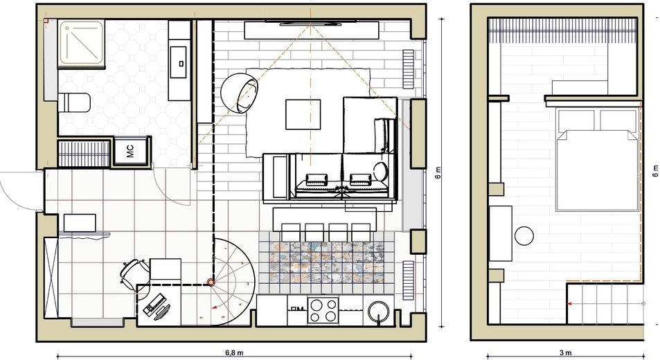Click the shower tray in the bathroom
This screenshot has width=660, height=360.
(81, 44)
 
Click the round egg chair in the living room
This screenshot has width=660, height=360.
(240, 91)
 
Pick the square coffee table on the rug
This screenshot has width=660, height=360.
(303, 114)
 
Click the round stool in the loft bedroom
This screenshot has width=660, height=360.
(524, 235)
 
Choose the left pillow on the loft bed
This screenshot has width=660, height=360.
(576, 120)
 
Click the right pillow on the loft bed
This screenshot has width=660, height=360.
(618, 120)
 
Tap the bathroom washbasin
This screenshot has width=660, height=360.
(180, 58)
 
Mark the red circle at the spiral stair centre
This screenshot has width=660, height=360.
(211, 282)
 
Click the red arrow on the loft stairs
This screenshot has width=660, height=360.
(569, 303)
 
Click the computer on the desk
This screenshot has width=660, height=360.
(157, 305)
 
